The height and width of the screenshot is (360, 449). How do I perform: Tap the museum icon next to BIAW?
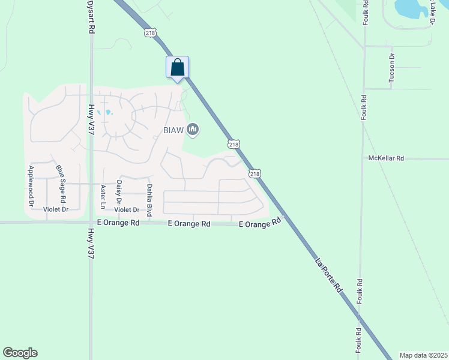[x=193, y=129]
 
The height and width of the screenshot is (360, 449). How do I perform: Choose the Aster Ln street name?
[x=103, y=196]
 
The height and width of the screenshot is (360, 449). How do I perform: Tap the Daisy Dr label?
[x=119, y=191]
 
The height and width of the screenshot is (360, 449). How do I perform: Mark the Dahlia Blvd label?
[x=149, y=200]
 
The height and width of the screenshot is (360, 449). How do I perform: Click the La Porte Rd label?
[x=329, y=276]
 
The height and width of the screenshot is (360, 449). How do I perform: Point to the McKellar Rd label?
[x=386, y=158]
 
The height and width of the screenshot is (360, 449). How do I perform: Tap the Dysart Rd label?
[x=91, y=17]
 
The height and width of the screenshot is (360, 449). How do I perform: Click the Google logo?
[x=20, y=353]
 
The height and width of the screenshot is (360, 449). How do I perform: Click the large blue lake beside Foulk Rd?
[x=411, y=8]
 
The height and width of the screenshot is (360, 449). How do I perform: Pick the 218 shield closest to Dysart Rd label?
[x=150, y=33]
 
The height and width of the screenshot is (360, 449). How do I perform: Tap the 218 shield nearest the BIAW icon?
[x=234, y=144]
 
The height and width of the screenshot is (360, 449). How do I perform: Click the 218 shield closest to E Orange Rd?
[x=255, y=173]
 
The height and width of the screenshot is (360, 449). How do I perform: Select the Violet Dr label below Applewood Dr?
[x=56, y=209]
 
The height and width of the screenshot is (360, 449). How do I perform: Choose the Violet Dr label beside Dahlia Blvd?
[x=127, y=210]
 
